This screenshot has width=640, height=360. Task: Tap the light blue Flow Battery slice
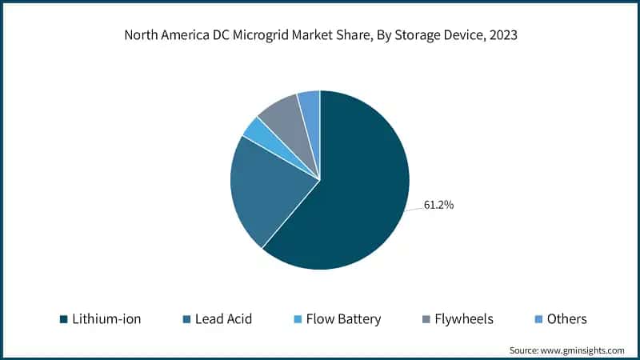pyautogui.click(x=255, y=130)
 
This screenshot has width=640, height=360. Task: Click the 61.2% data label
pyautogui.click(x=439, y=206)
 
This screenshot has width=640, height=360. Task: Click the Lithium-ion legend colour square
pyautogui.click(x=64, y=319)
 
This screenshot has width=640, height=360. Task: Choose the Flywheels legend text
pyautogui.click(x=464, y=319)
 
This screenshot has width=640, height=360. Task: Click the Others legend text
pyautogui.click(x=567, y=319)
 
